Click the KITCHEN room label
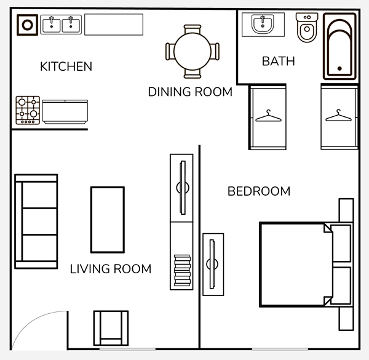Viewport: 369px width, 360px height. point(66,66)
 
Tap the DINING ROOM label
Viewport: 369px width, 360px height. point(190,92)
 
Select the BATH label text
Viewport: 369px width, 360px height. point(279,61)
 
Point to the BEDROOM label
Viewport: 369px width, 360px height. point(259,191)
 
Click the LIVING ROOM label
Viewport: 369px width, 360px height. point(111,269)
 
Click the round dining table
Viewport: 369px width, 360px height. point(192,51)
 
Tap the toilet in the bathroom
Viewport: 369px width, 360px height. point(307,28)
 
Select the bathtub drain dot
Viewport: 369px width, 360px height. point(339,68)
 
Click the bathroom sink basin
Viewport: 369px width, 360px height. point(263,24)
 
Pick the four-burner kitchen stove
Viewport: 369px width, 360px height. point(28,110)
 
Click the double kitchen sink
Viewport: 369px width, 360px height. point(61,25)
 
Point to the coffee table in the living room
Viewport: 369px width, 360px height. point(108,220)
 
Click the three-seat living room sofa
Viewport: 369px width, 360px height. point(36,222)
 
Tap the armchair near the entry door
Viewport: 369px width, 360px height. point(111,328)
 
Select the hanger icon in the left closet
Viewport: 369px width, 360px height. point(268,116)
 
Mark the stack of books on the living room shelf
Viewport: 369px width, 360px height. point(183,270)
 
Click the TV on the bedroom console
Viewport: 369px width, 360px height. point(212,264)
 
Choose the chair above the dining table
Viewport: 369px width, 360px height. point(192,29)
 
